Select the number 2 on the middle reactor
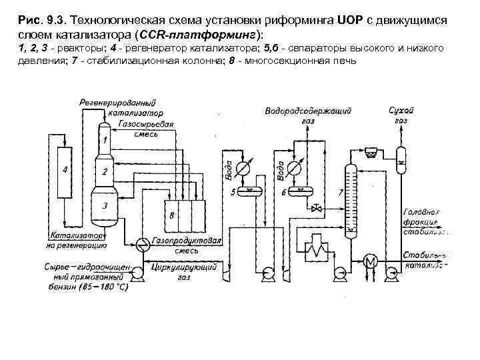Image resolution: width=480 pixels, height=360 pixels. click(105, 171)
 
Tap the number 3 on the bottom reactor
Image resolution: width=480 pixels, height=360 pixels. click(105, 205)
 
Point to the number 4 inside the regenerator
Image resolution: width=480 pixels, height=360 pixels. click(65, 171)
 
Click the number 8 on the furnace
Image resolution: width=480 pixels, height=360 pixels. click(173, 217)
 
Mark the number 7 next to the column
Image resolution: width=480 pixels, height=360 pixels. click(341, 192)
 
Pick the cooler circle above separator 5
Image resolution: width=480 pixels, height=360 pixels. click(245, 167)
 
